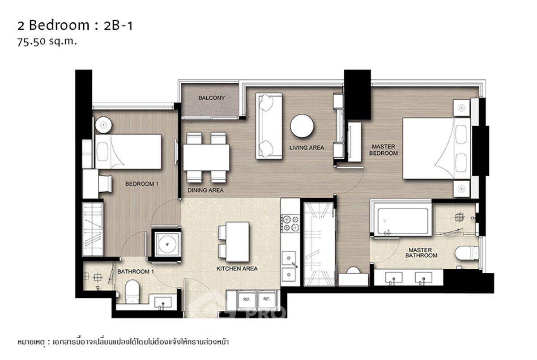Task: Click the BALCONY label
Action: coord(211,98)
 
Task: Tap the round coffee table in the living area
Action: coord(302,126)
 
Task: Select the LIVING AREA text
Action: coord(307,148)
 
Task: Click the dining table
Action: coord(206,157)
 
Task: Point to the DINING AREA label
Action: coord(205,190)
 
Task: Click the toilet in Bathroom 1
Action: coord(132,291)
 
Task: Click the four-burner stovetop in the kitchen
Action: coord(290,223)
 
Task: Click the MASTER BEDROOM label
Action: coord(384,150)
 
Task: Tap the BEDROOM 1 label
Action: coord(142,184)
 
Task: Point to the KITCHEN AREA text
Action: coord(237,269)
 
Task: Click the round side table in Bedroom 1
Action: coord(103,125)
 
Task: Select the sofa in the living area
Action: coord(269,126)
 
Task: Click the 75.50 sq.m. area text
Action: coord(47,42)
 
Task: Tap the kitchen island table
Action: coord(237,241)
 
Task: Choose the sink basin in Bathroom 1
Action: coord(163,302)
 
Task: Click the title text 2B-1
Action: coord(118,25)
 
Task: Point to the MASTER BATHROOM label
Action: coord(421,253)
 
